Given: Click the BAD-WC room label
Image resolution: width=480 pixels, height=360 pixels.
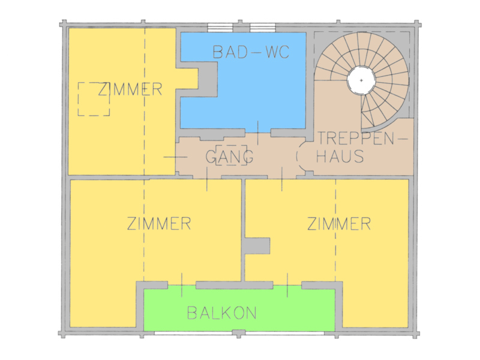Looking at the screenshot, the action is click(251, 52).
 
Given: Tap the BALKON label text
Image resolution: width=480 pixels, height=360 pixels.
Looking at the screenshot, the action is click(221, 313).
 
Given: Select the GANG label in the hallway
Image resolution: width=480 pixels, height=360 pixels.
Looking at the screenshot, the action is click(229, 157).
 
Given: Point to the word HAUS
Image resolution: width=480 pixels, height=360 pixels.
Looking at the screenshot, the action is click(340, 156).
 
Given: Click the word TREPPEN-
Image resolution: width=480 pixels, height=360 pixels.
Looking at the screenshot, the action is click(362, 139).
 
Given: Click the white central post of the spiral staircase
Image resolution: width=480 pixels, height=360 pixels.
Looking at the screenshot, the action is click(361, 80).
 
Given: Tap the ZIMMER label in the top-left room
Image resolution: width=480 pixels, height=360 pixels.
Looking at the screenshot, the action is click(130, 89).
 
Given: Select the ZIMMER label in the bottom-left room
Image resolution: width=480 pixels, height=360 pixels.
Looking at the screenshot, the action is click(159, 223).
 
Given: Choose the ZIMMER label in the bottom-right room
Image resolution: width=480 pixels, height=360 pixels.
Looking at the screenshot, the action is click(339, 223).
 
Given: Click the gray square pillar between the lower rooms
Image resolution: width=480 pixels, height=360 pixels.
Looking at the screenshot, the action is click(257, 246).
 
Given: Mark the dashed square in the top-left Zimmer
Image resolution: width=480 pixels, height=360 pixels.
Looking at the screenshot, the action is click(94, 99).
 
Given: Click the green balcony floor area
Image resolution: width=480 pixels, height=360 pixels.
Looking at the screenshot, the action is click(239, 308).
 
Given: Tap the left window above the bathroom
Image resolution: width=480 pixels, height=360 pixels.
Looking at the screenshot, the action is click(220, 28).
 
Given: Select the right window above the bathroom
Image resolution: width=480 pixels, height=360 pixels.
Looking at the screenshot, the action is click(263, 28).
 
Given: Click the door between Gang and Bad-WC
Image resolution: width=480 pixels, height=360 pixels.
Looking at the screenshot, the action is click(258, 133).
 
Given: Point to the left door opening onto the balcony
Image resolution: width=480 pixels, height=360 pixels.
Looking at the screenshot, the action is click(182, 285).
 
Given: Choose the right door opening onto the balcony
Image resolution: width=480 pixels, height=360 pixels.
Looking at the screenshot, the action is click(287, 285).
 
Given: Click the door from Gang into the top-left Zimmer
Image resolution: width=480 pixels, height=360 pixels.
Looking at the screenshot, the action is click(175, 157).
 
